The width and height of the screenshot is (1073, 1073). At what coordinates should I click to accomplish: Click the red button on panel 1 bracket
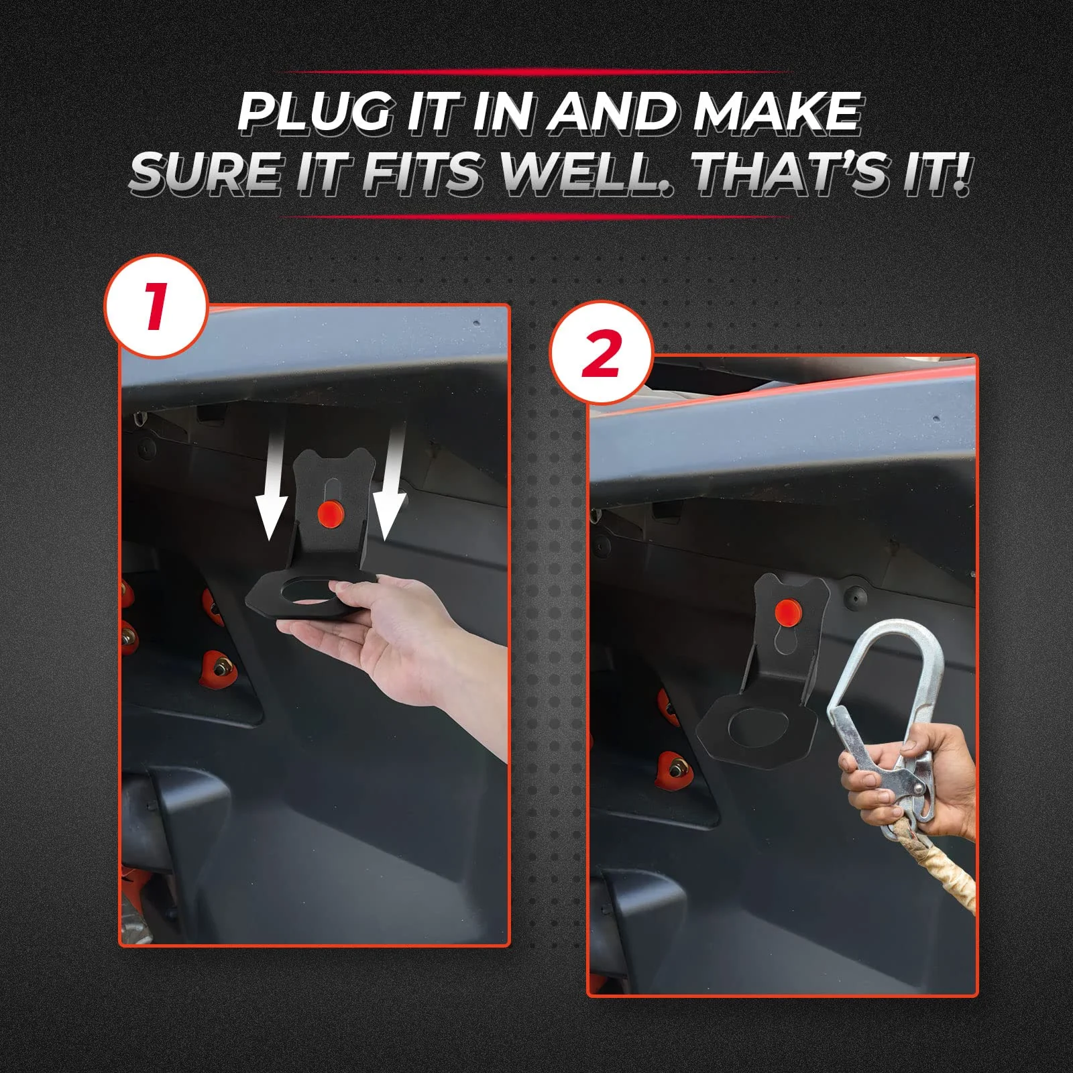tap(331, 515)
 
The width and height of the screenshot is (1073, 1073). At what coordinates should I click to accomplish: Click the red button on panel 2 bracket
tap(785, 612)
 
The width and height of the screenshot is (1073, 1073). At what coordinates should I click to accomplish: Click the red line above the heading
tap(536, 71)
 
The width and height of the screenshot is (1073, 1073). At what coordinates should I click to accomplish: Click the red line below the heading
tap(536, 217)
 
